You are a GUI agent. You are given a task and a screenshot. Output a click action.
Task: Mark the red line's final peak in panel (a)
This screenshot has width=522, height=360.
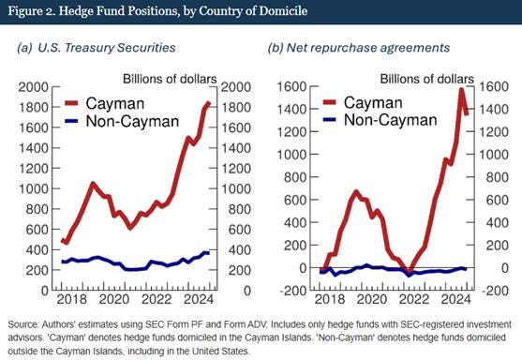[x=207, y=103]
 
